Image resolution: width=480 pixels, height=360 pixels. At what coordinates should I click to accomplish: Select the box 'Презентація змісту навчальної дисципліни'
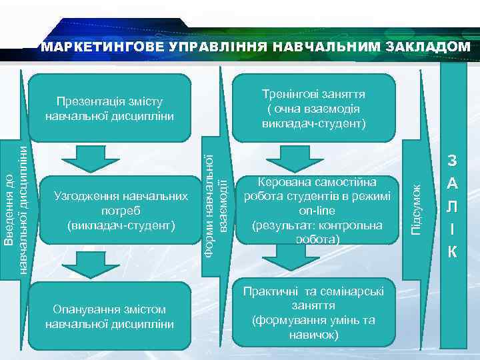click(x=110, y=109)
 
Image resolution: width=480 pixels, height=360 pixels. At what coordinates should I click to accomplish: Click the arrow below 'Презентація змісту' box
click(x=83, y=159)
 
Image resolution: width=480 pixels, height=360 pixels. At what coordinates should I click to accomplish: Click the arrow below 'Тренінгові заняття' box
click(x=287, y=159)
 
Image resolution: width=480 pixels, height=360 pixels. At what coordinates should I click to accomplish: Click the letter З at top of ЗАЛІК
click(x=452, y=161)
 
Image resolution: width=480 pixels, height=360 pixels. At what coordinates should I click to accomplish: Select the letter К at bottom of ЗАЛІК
click(x=452, y=252)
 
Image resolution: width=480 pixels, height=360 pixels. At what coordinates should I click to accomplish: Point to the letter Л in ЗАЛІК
click(x=452, y=206)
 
